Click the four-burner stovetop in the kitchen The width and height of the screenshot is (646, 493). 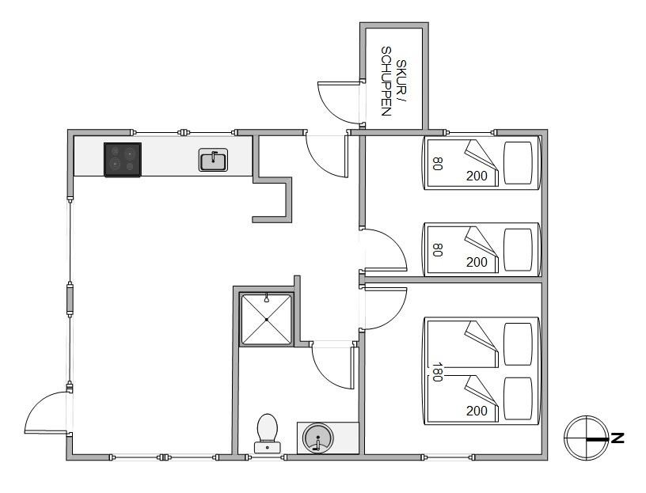click(123, 160)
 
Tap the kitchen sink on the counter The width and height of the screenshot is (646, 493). click(213, 160)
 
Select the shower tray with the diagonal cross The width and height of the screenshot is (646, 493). click(267, 319)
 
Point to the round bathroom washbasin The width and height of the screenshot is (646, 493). click(317, 438)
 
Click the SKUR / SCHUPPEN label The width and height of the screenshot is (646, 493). click(393, 82)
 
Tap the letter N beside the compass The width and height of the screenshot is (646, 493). click(617, 438)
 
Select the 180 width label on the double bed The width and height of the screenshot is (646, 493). click(437, 372)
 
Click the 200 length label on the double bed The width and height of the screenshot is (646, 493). click(477, 411)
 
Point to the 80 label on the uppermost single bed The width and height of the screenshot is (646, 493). click(437, 164)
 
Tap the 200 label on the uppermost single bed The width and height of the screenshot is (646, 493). click(477, 176)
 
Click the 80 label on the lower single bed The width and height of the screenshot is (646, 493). click(437, 249)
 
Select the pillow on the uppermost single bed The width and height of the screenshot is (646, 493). click(519, 163)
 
